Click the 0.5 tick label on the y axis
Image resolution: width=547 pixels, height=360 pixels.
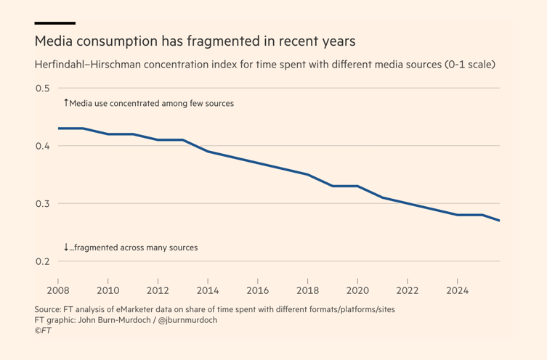click(42, 89)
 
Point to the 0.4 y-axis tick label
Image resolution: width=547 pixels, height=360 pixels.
click(42, 146)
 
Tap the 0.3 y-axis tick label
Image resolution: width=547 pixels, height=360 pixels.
click(42, 204)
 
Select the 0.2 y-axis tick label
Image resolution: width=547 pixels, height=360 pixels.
click(42, 261)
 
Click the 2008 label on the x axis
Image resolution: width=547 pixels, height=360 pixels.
click(57, 291)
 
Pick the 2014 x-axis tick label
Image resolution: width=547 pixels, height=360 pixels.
click(208, 291)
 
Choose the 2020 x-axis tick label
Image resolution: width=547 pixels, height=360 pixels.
click(357, 291)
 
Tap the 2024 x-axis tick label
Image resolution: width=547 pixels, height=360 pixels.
click(458, 291)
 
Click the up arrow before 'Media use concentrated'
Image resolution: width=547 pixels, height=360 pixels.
click(65, 103)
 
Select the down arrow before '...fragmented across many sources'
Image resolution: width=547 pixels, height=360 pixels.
click(65, 247)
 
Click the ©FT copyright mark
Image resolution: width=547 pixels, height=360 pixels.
click(43, 330)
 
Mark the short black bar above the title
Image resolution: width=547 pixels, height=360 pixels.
click(54, 23)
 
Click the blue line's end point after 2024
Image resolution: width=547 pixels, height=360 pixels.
click(499, 221)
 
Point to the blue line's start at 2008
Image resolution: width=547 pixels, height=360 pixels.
click(58, 128)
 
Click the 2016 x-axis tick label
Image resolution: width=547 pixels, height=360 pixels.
click(258, 291)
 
